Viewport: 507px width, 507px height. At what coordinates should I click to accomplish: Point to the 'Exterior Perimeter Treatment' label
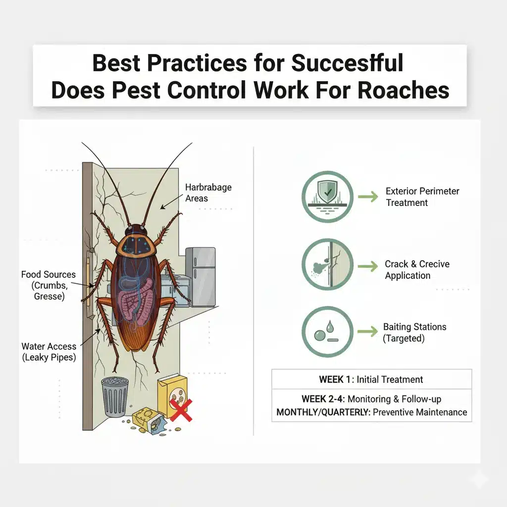422,197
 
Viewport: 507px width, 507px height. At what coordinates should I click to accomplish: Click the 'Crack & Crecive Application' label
417,270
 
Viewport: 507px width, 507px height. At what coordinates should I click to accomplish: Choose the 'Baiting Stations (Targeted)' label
414,332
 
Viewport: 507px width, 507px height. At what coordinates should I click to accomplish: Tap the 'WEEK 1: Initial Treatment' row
371,380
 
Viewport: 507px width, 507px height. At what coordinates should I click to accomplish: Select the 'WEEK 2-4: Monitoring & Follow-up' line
371,399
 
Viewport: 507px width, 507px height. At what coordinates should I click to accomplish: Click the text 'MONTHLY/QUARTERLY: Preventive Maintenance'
371,412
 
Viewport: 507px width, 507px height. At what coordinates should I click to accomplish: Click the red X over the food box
181,410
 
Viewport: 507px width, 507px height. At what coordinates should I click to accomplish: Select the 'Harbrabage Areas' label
208,193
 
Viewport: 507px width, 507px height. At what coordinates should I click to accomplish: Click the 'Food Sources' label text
49,274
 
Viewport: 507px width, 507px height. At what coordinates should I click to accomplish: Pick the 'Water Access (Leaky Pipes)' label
49,352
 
